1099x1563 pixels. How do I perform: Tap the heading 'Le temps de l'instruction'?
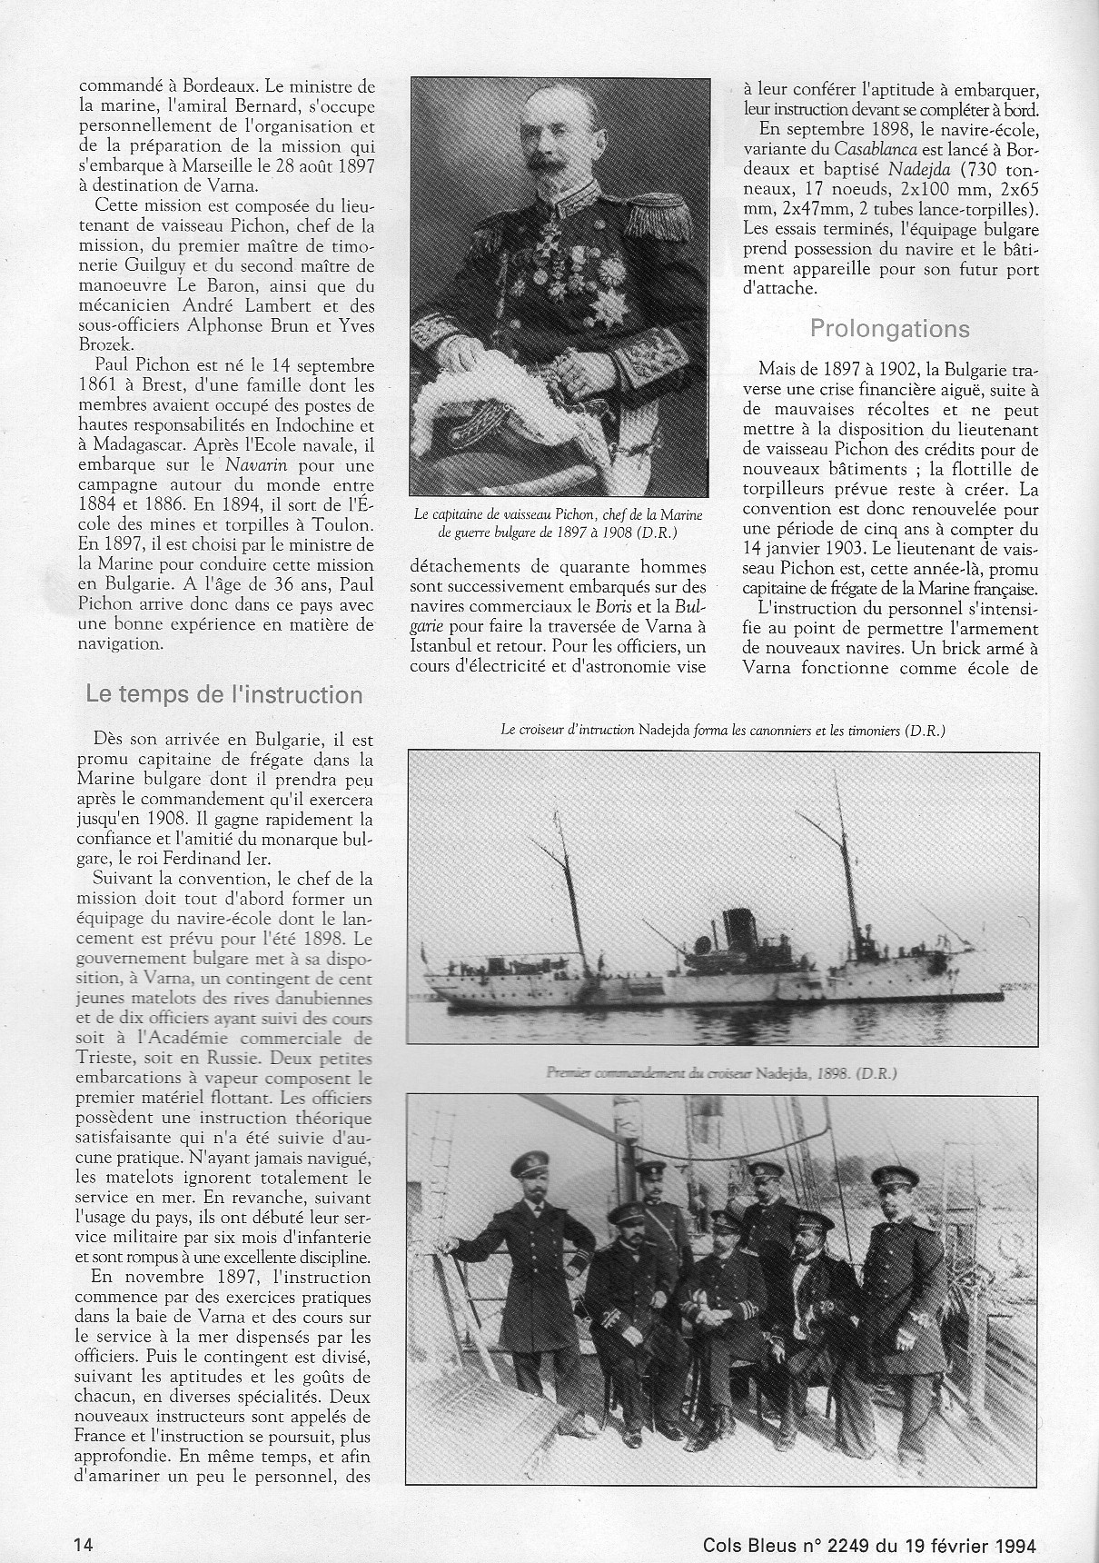(x=224, y=694)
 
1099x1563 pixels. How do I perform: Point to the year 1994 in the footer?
(x=1009, y=1517)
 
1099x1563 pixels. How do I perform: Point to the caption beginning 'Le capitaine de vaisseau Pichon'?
(x=558, y=523)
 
